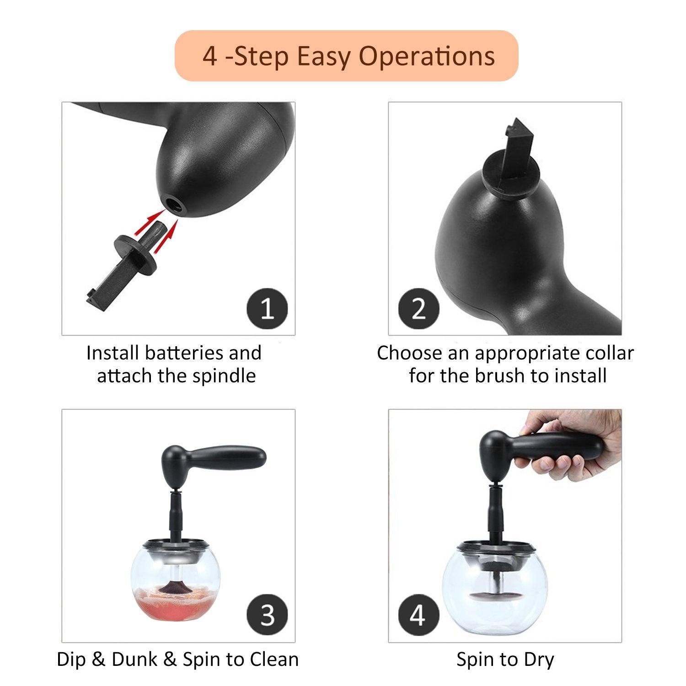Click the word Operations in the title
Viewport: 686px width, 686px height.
pyautogui.click(x=427, y=57)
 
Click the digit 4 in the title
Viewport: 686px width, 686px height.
pyautogui.click(x=210, y=57)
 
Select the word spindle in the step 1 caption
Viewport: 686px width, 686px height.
pyautogui.click(x=224, y=376)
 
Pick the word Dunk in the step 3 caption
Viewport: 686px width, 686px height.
pyautogui.click(x=133, y=659)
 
